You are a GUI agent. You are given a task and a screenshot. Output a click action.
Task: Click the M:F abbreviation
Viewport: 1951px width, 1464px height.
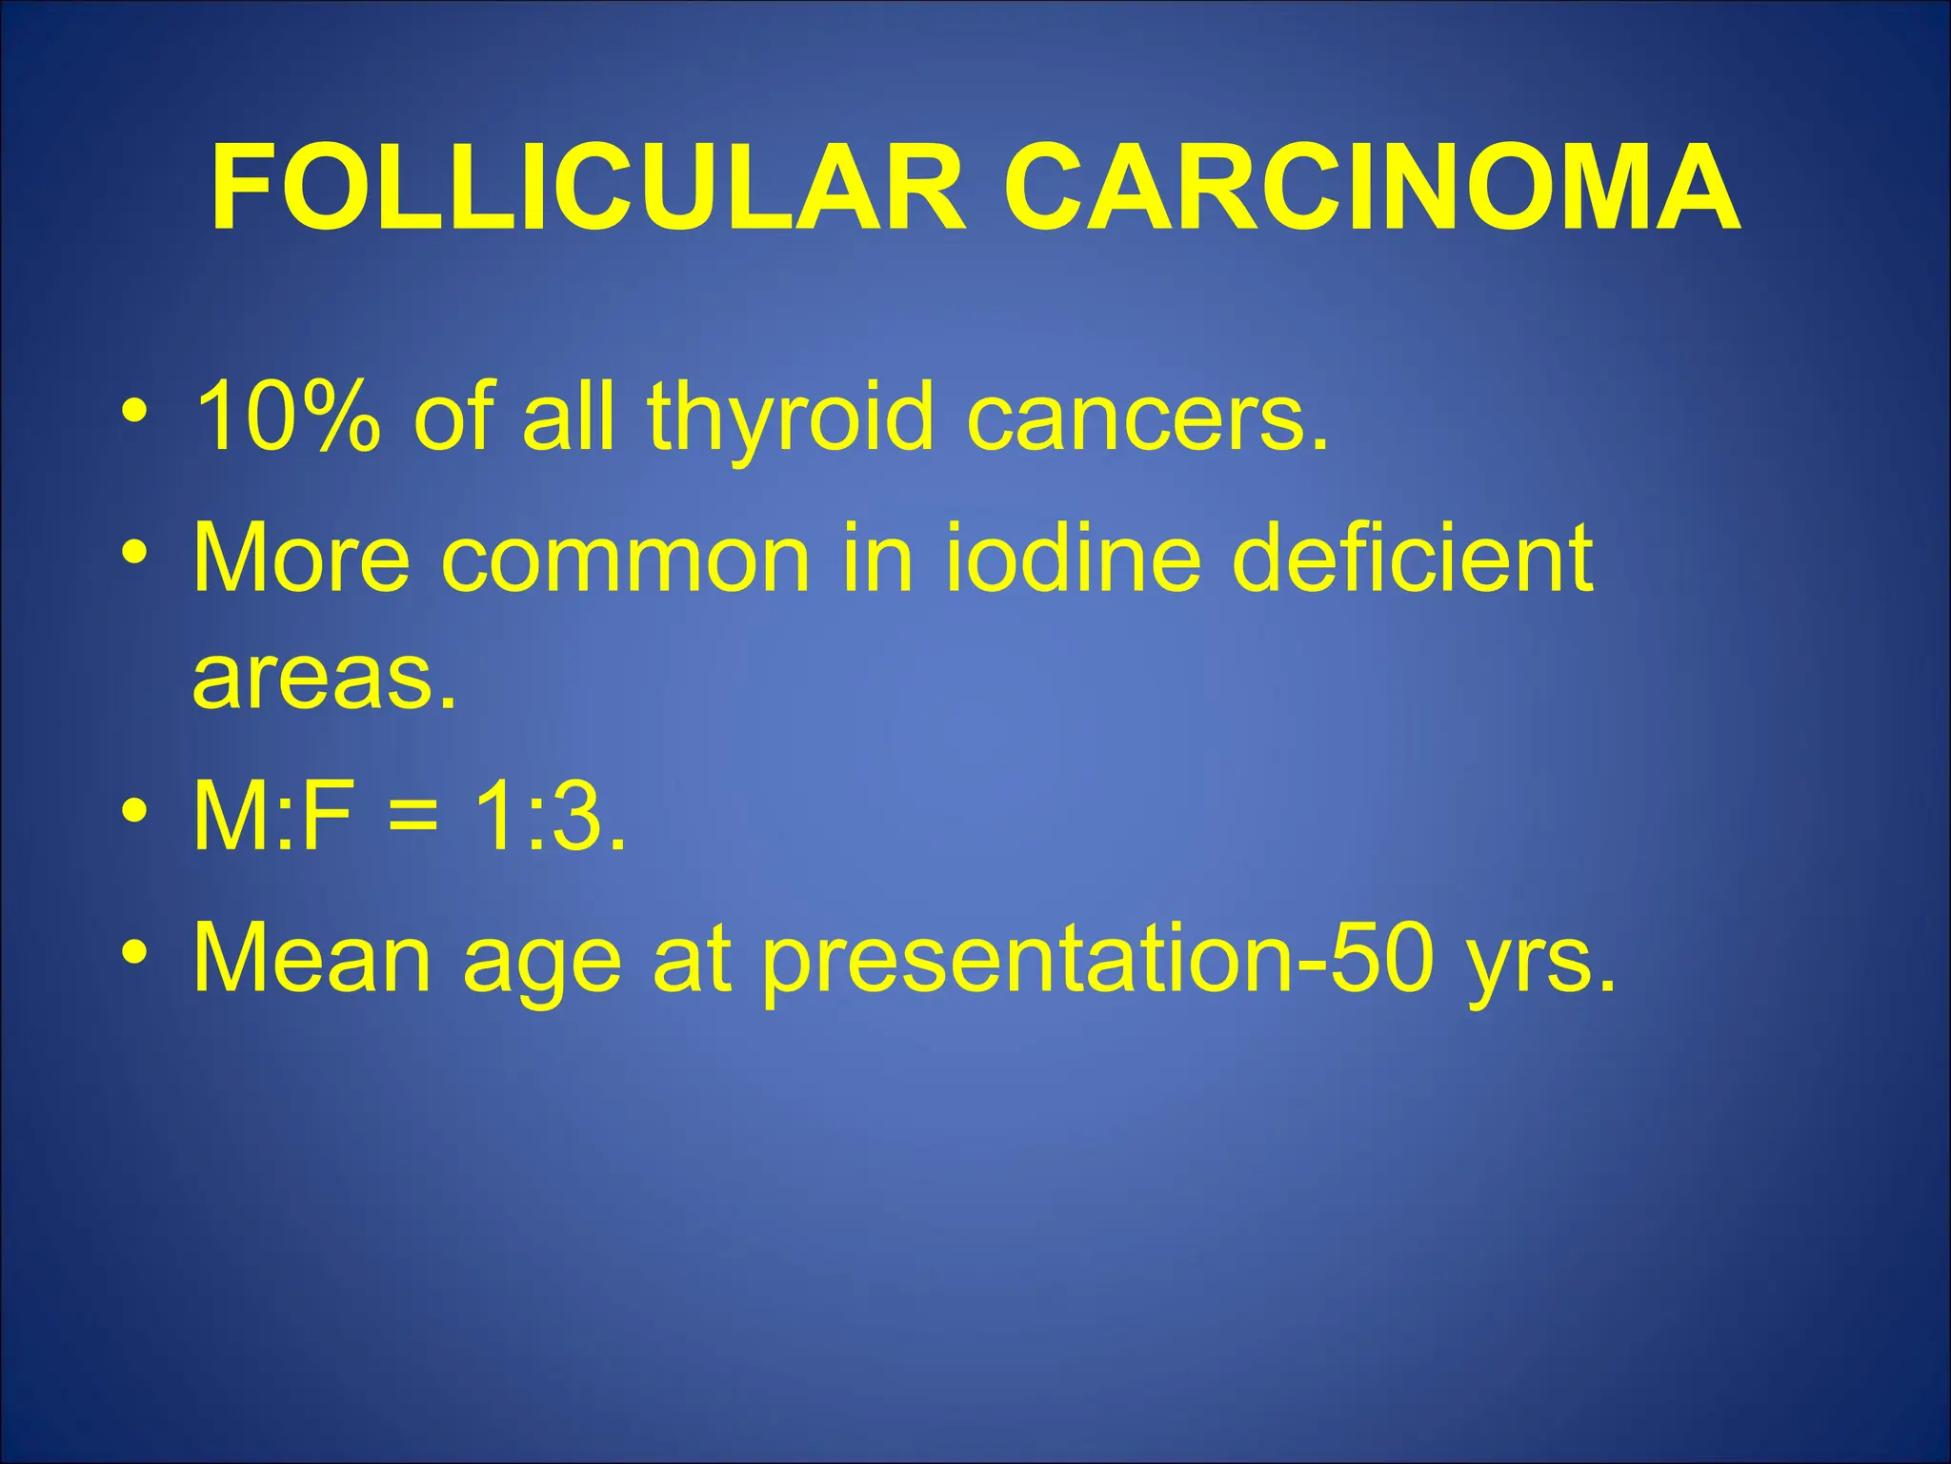click(x=271, y=817)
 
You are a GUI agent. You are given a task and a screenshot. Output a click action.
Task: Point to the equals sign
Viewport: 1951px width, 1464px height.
click(x=412, y=819)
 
